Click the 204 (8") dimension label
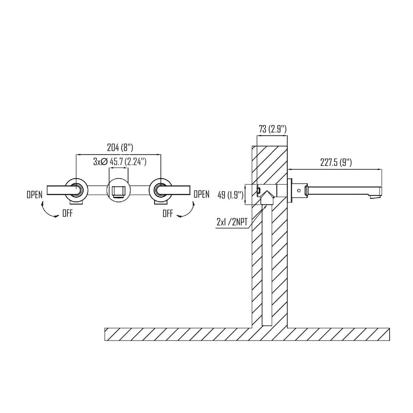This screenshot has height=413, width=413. coord(118,147)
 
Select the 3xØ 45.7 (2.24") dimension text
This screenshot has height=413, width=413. coord(120,161)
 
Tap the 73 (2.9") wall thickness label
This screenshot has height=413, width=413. coord(273,129)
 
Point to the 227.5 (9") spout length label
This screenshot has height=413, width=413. coord(336,162)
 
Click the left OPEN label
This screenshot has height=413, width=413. coord(34,195)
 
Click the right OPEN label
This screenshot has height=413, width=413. coord(202,194)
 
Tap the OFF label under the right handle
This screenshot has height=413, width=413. coord(168,214)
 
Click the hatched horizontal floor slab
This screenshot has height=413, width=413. coord(173,334)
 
